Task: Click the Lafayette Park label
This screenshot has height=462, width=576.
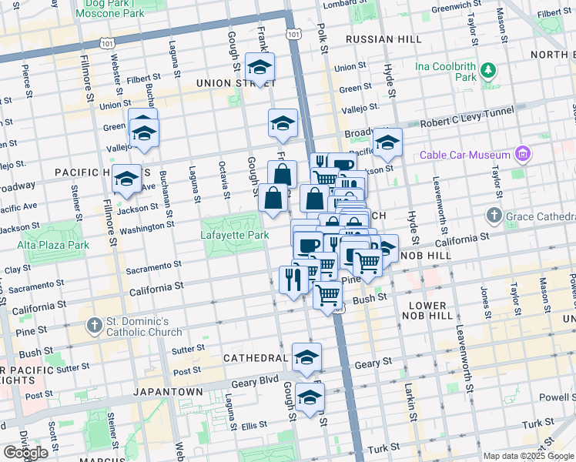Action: point(234,235)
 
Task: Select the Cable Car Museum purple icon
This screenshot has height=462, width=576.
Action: point(524,155)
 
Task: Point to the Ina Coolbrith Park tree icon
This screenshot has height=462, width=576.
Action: point(487,71)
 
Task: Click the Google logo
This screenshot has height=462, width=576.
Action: point(25,452)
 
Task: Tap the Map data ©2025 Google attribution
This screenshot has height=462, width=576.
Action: point(528,456)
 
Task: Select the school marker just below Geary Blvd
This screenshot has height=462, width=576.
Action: point(310,397)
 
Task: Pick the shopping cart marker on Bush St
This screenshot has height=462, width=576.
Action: point(329,295)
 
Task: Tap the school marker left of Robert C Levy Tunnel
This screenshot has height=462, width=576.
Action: point(387,142)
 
